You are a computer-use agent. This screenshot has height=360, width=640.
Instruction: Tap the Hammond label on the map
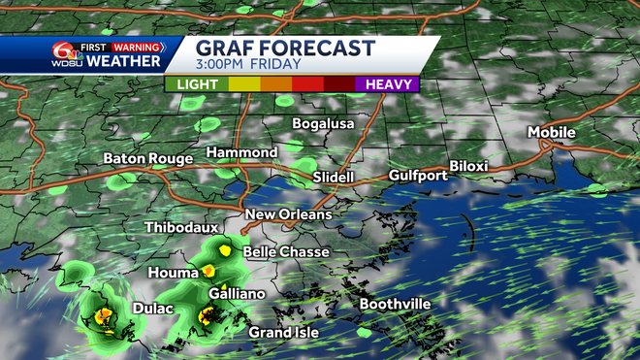(x=240, y=153)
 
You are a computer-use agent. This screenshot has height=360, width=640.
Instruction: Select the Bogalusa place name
(x=324, y=124)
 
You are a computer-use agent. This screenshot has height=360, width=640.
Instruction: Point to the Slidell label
(x=334, y=178)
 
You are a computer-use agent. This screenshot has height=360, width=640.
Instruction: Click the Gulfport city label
(x=418, y=176)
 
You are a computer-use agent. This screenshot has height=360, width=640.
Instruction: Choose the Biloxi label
(x=468, y=166)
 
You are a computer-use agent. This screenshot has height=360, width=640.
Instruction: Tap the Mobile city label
(x=551, y=132)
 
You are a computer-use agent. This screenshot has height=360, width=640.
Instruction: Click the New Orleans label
(x=288, y=214)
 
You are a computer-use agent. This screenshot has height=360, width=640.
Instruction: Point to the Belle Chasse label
(x=286, y=251)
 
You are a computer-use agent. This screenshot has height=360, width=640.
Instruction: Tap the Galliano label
(x=236, y=293)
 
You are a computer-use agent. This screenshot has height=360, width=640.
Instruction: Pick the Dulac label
(x=153, y=309)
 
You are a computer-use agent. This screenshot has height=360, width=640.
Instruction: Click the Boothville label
(x=395, y=304)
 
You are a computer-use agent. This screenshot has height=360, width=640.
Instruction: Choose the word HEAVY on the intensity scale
(x=387, y=83)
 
